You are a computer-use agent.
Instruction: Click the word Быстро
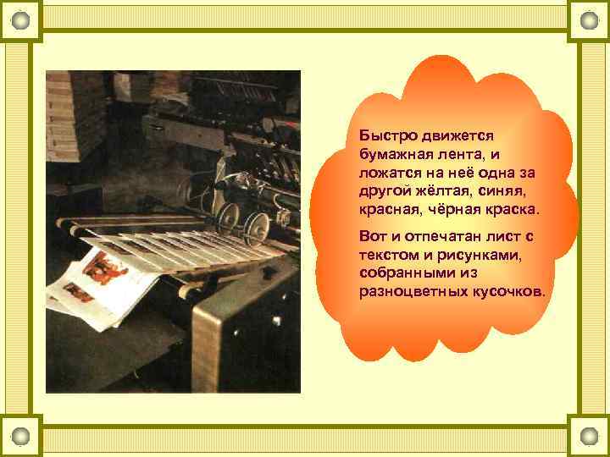(x=382, y=135)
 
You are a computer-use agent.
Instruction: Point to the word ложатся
(x=391, y=172)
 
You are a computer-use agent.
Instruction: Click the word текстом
(x=389, y=254)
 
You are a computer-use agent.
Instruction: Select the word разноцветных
(x=412, y=291)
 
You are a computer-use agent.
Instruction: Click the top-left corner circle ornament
(x=20, y=20)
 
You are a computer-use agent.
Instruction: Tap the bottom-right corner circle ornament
(x=590, y=437)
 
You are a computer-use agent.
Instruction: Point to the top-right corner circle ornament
(x=590, y=20)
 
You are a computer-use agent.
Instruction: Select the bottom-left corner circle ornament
(x=20, y=437)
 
